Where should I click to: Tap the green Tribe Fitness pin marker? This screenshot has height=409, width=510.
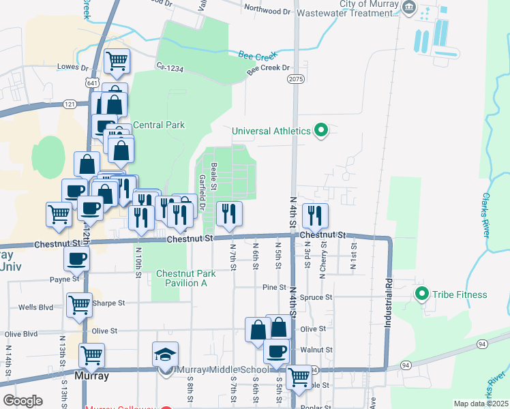(421, 294)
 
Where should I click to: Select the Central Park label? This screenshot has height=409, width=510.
(159, 125)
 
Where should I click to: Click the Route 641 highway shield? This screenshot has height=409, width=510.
(91, 82)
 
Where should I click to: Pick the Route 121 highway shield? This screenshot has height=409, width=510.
(69, 104)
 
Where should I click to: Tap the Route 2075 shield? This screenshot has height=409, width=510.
(295, 80)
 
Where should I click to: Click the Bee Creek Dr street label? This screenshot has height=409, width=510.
(268, 69)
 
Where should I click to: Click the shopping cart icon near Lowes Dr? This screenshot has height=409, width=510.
(117, 61)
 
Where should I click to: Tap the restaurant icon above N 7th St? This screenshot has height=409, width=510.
(229, 213)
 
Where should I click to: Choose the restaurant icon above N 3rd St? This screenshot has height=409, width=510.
(315, 215)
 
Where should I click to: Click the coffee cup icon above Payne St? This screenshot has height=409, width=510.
(76, 258)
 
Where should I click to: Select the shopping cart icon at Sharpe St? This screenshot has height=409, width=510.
(80, 305)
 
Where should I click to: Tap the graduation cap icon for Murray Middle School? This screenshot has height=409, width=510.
(165, 354)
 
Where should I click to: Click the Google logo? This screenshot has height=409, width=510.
(23, 400)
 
